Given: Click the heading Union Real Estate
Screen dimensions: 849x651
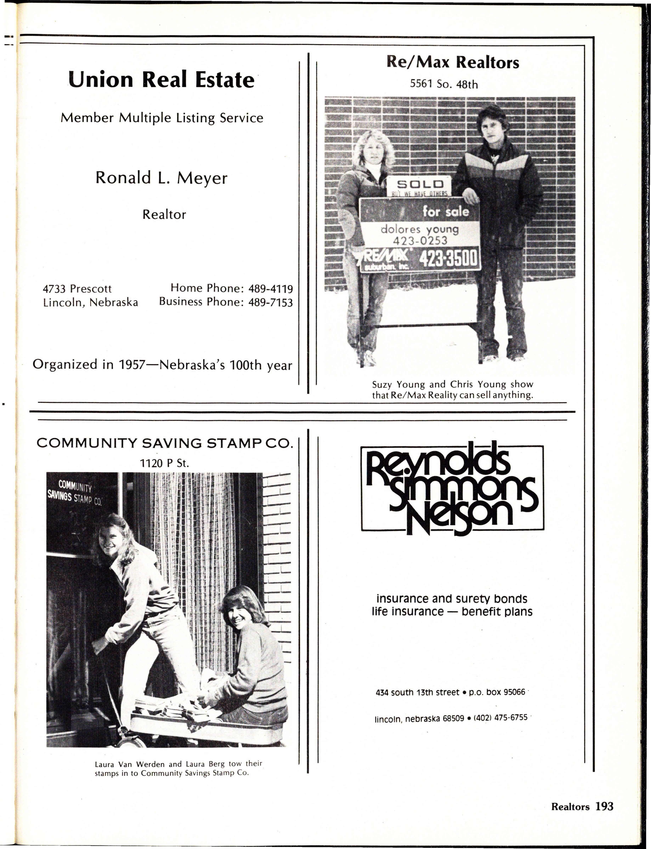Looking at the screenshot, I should pos(161,80).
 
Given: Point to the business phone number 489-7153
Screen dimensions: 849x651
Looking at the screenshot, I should pos(270,302).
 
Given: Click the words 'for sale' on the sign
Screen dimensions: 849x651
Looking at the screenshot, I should pos(446,211).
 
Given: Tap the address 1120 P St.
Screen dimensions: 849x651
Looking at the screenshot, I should pos(164,463).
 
